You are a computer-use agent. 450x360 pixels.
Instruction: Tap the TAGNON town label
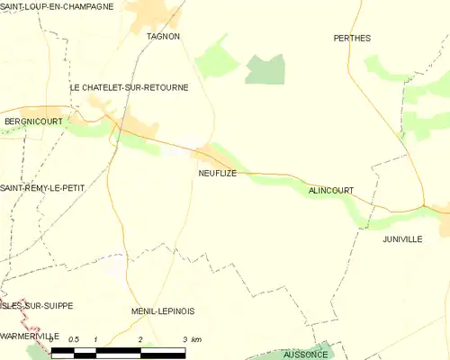(x=163, y=36)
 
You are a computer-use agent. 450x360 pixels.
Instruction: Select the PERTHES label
(x=352, y=38)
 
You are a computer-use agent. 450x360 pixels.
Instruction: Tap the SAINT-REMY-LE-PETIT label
(x=42, y=187)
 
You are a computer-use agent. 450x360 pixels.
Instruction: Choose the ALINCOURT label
(x=330, y=190)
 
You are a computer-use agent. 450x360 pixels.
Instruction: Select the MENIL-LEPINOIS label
(x=162, y=310)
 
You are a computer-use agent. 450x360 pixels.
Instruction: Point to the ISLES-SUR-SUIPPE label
(x=36, y=306)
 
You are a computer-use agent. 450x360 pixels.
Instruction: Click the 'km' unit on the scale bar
(x=195, y=339)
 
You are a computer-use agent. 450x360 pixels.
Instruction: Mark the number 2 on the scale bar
(x=140, y=339)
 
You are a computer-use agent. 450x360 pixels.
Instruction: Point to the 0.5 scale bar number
(x=73, y=339)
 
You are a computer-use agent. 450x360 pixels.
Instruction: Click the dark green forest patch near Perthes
(x=265, y=68)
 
